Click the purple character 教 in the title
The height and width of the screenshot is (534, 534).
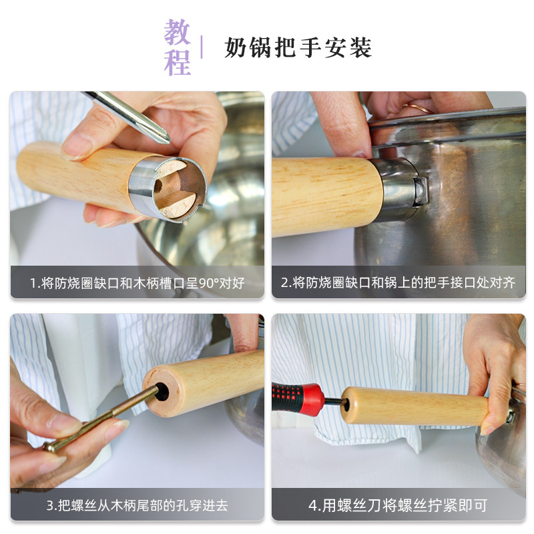click(178, 33)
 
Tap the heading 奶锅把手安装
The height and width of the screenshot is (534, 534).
click(298, 47)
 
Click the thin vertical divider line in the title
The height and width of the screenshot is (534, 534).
click(202, 47)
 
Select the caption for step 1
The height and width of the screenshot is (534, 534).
click(137, 282)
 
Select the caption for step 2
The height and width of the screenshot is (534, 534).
click(398, 282)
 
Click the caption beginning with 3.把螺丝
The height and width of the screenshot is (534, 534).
click(137, 505)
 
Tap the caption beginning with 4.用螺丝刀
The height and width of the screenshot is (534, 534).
click(398, 505)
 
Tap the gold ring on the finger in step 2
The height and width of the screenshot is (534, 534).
click(421, 107)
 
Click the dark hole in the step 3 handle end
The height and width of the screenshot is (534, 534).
click(162, 390)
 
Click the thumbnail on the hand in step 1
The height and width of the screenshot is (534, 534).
click(77, 145)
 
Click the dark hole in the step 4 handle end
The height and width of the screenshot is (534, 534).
click(347, 403)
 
